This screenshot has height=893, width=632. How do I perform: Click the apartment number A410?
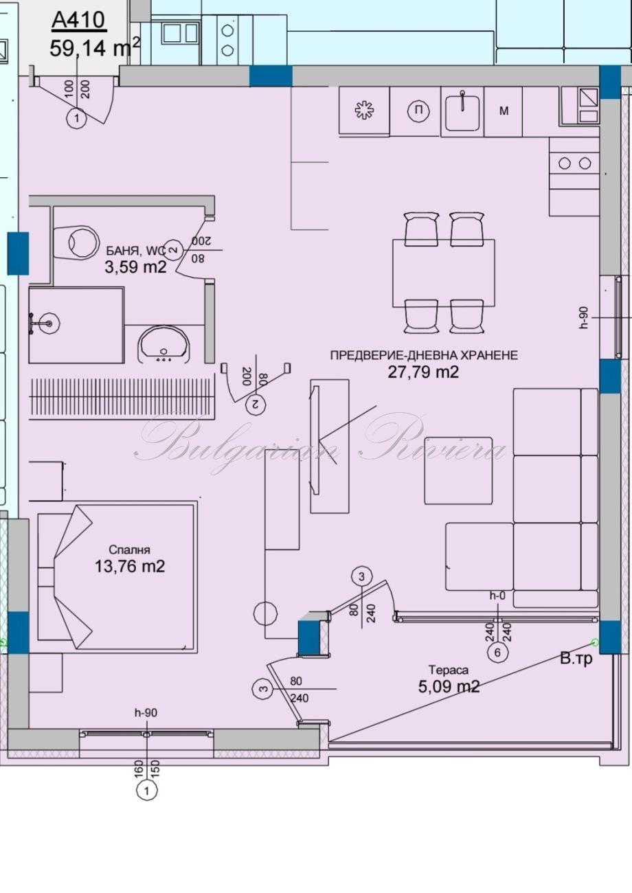78,21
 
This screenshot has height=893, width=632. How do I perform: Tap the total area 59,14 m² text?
95,47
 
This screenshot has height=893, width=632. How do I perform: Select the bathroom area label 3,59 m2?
135,267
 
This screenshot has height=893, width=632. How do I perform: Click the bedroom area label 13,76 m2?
130,566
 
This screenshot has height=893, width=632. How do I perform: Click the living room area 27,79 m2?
423,372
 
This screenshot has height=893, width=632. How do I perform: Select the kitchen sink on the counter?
462,111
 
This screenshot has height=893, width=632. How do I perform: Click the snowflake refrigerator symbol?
365,111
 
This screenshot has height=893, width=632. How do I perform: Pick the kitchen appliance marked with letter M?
504,111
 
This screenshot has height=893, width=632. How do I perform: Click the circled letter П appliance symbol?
418,110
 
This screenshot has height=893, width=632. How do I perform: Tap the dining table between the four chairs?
443,273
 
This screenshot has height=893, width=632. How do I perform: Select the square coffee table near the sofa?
458,471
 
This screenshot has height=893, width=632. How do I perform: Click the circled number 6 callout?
497,653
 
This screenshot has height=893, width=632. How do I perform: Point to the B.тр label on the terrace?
576,658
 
